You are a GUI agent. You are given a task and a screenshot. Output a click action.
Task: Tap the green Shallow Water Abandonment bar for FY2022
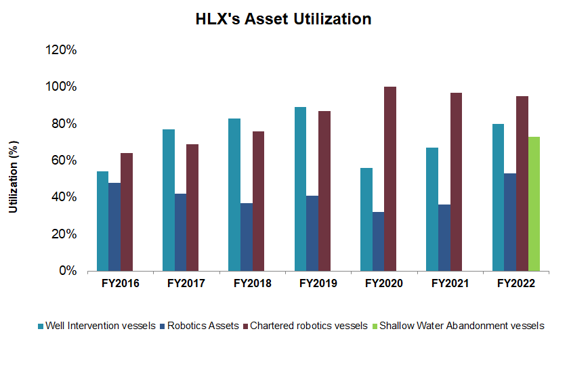point(534,203)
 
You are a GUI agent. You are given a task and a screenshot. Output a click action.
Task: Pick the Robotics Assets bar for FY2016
point(114,226)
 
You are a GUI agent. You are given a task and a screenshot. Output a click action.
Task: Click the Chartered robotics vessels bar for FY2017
point(192,207)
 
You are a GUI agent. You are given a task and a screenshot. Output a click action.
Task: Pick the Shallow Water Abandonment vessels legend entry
point(461,326)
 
